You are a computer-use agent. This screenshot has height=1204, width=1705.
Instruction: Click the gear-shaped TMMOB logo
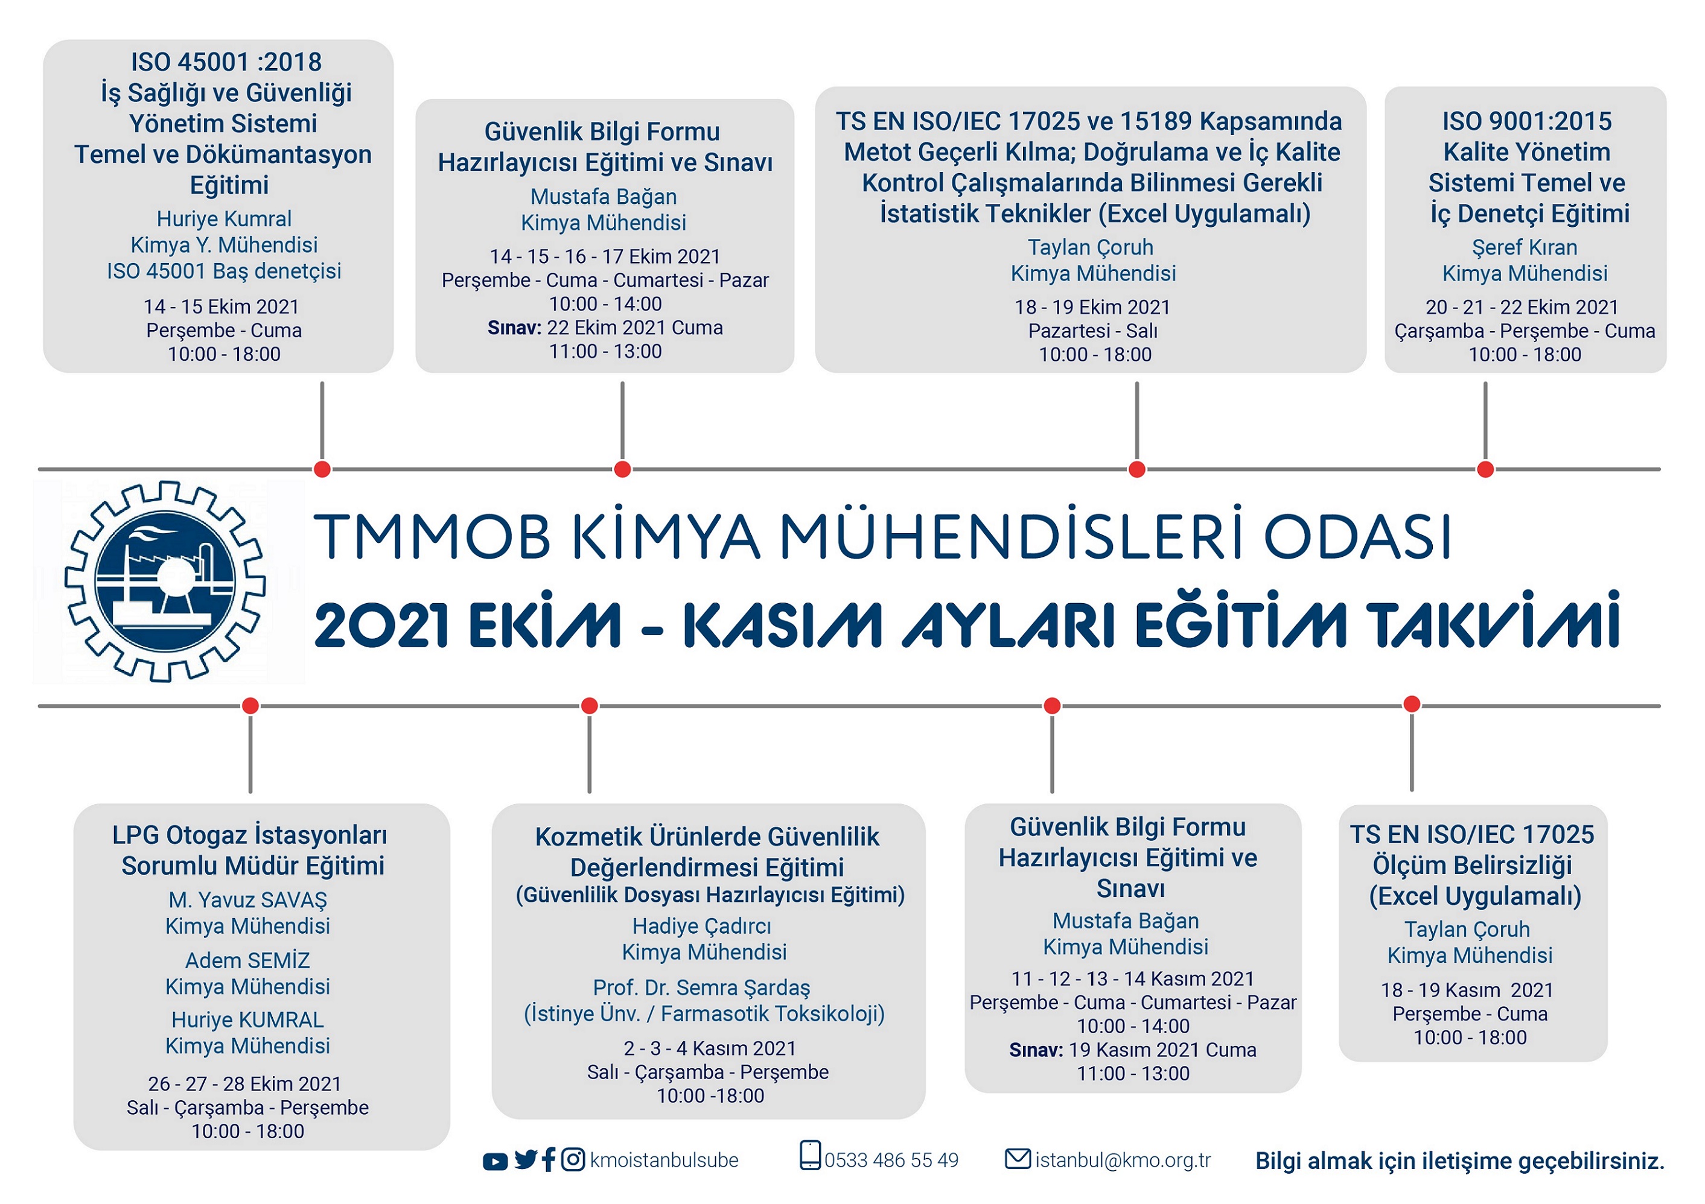coord(165,581)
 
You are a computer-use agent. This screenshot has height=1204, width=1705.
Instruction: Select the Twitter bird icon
coord(526,1160)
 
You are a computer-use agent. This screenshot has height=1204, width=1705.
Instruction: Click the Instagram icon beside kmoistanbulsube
coord(573,1159)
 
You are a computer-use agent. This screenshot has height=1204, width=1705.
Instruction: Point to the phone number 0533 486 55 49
coord(891,1160)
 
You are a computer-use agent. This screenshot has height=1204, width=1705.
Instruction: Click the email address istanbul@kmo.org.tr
coord(1123,1160)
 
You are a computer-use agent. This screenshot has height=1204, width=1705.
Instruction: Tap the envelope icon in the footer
coord(1018,1158)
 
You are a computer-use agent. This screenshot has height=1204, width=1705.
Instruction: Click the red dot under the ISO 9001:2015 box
coord(1485,469)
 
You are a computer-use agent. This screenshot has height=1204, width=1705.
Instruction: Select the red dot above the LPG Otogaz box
coord(250,705)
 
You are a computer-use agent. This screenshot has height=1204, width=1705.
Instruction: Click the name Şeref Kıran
coord(1525,247)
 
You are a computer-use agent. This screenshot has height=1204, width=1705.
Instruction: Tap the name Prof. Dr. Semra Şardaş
coord(702,987)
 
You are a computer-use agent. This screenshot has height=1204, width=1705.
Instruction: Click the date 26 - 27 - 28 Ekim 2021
coord(244,1084)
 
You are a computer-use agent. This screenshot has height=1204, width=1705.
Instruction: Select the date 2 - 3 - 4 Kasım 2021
coord(709,1048)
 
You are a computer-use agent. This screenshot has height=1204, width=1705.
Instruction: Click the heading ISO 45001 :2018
coord(226,62)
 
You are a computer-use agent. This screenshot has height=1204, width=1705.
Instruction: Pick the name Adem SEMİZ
coord(247,960)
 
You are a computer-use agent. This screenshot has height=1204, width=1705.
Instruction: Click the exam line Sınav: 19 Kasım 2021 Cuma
coord(1132,1050)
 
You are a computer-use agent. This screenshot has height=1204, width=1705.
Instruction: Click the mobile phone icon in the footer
coord(810,1156)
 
